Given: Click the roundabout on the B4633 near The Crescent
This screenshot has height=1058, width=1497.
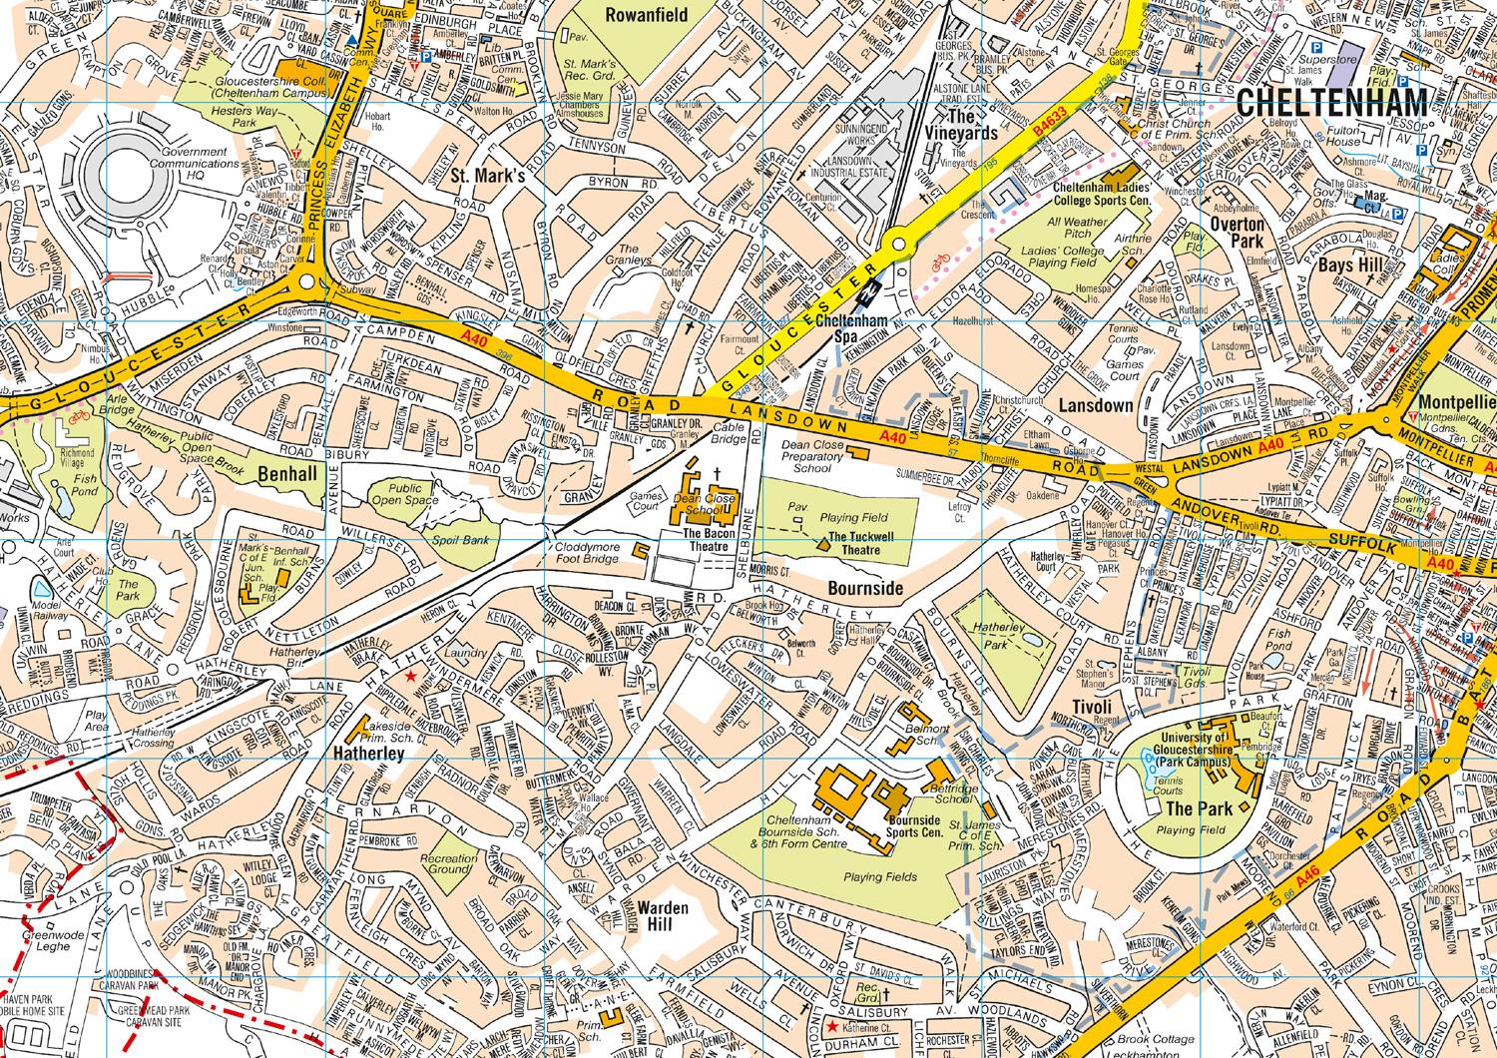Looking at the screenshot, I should click(897, 244).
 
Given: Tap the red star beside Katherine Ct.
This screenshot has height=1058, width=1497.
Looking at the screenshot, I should click(831, 1026).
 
